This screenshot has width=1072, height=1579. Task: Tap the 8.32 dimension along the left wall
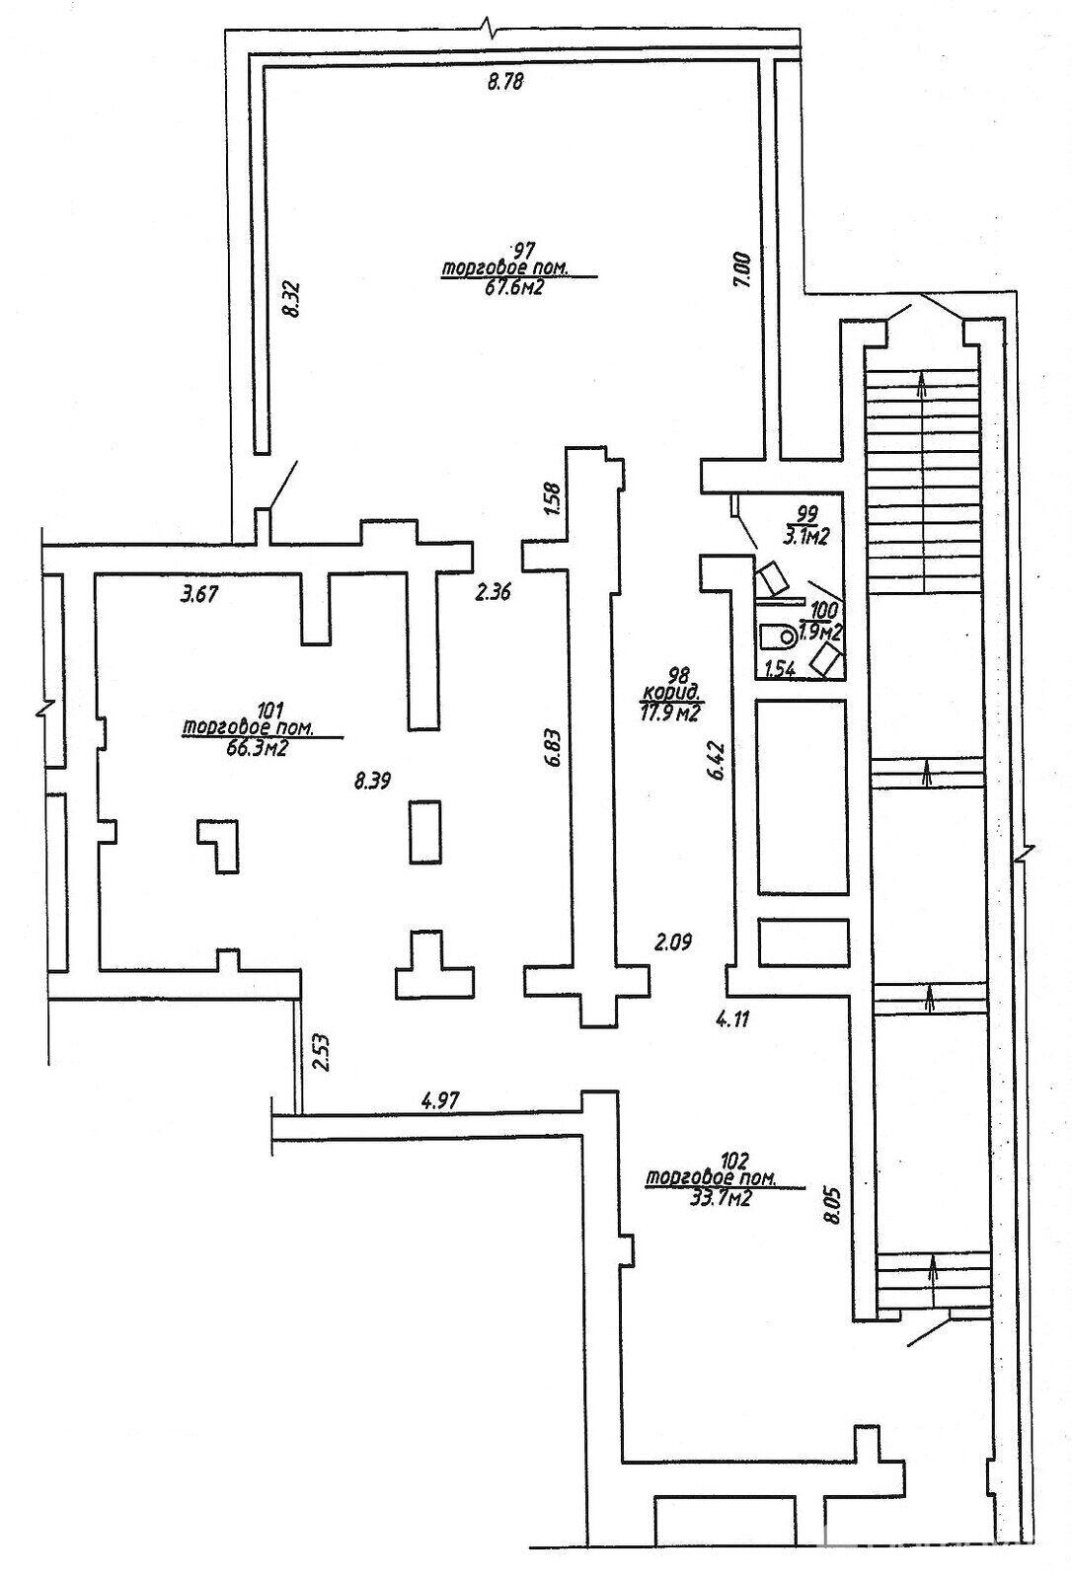point(290,297)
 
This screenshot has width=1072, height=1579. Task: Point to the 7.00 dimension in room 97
point(744,269)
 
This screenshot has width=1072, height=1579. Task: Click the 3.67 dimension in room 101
point(198,594)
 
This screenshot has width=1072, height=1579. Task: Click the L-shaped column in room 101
point(218,844)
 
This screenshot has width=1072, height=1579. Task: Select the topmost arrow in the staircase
point(922,385)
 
